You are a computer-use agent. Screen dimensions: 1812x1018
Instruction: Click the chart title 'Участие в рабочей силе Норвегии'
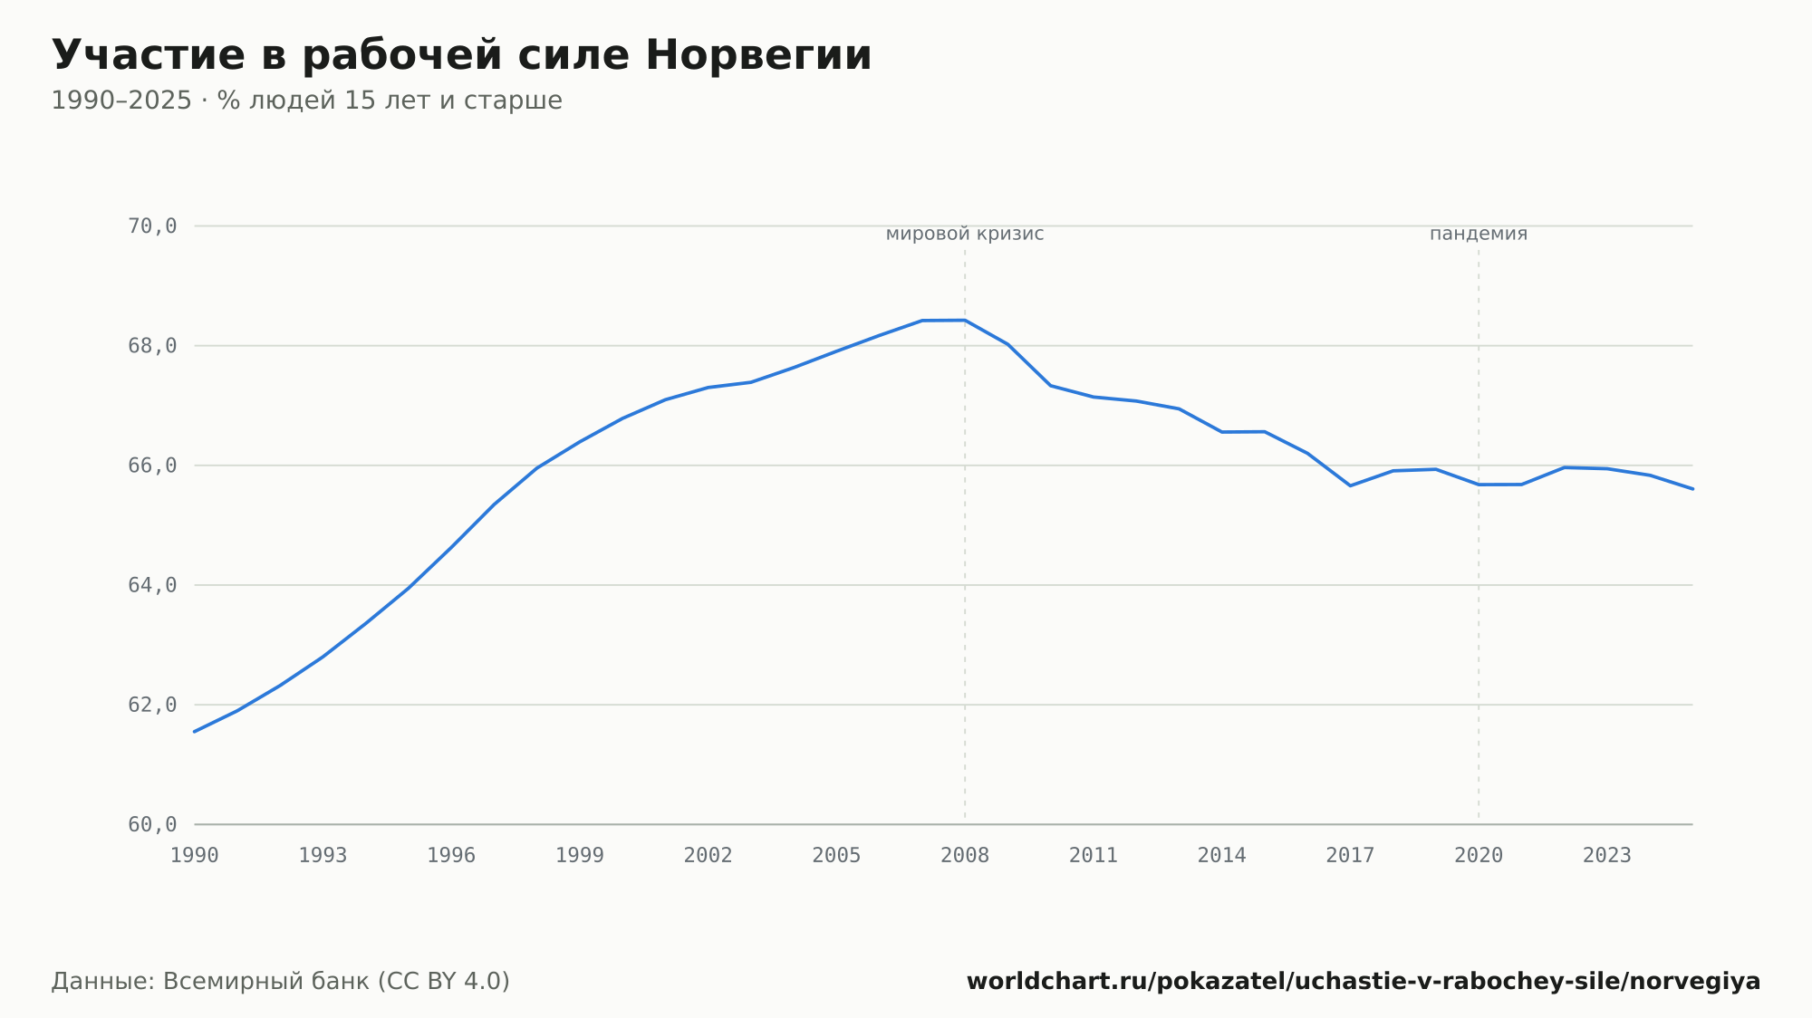pos(461,56)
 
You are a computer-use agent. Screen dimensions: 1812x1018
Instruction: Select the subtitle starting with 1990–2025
pos(306,101)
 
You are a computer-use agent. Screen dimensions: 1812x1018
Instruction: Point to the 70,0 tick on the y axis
pos(152,226)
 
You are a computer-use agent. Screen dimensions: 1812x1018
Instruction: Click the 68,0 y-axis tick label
pos(152,346)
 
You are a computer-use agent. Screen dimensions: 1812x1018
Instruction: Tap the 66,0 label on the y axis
pos(152,466)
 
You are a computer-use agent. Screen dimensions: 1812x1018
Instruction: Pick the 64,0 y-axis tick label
pos(152,585)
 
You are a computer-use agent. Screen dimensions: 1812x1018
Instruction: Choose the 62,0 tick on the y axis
pos(152,705)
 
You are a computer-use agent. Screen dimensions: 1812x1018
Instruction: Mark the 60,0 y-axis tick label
pos(152,824)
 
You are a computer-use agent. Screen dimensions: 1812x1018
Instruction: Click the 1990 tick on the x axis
pos(195,856)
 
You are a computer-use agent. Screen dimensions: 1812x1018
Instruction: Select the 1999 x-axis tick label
pos(580,856)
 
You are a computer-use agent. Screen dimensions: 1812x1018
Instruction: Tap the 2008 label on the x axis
pos(965,856)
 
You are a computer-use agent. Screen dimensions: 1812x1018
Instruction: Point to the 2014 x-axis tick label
pos(1222,856)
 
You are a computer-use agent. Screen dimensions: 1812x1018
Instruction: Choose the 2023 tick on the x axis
pos(1607,856)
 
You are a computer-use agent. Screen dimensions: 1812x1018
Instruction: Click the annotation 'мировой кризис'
pos(965,235)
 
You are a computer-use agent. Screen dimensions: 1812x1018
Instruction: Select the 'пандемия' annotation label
pos(1479,235)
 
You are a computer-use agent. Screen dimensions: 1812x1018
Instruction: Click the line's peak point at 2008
pos(965,320)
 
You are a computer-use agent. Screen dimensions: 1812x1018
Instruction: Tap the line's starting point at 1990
pos(195,732)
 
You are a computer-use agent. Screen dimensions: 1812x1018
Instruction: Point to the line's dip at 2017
pos(1351,485)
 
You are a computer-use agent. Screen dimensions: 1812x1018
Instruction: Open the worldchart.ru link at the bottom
pos(1364,982)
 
